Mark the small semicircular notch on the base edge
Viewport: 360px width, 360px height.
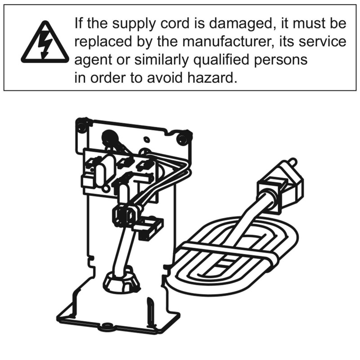[107, 325]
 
